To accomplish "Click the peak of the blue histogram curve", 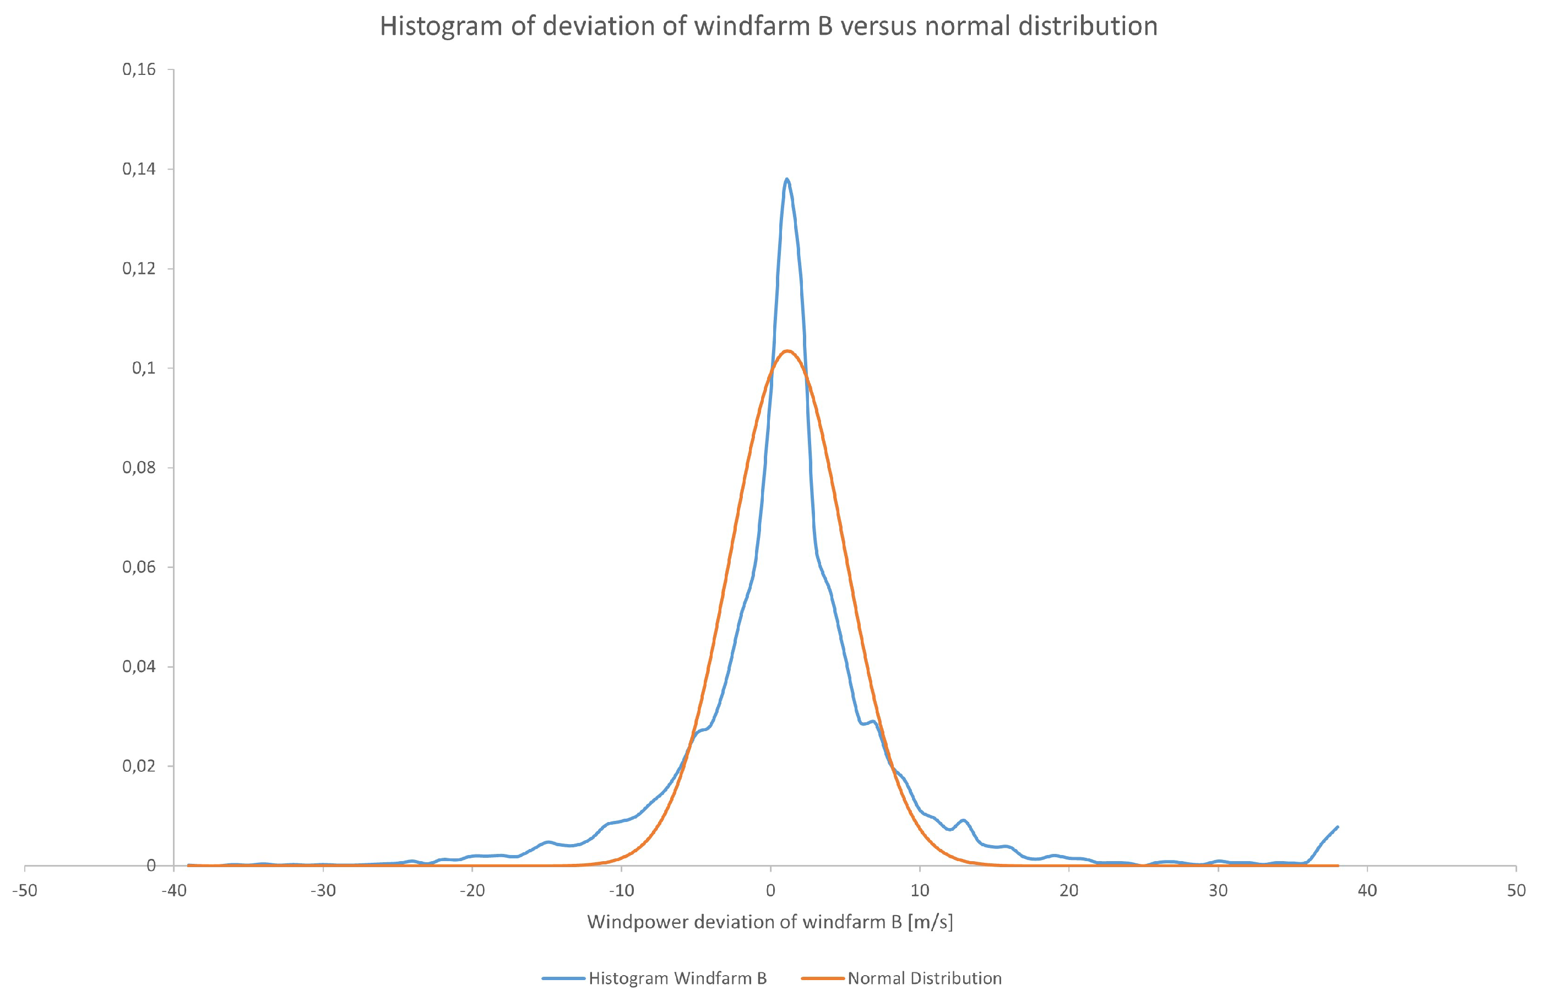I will click(x=787, y=179).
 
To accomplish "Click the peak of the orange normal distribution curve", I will click(x=787, y=351).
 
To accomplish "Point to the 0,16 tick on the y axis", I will click(x=139, y=69).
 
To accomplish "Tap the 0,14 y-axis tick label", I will click(x=139, y=169).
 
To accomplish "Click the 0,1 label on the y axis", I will click(x=144, y=369).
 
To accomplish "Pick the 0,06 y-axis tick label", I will click(x=139, y=567).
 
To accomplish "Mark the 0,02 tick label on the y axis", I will click(x=139, y=766).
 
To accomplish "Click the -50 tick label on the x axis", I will click(x=25, y=890).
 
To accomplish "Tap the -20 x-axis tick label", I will click(x=472, y=890).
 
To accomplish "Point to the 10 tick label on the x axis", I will click(x=920, y=890).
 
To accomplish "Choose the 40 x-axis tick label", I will click(x=1367, y=890).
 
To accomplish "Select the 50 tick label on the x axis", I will click(x=1516, y=890).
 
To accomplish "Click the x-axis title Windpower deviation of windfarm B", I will click(x=770, y=923).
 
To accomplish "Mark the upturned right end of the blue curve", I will click(x=1337, y=827).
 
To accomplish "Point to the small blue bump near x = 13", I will click(x=963, y=820).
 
